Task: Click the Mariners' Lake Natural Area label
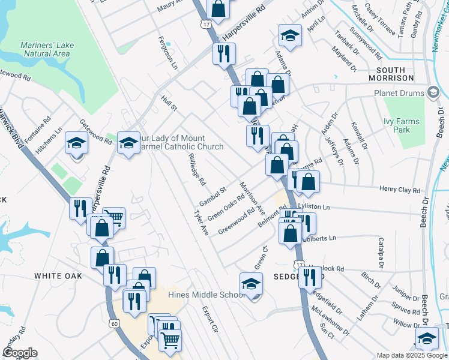(46, 49)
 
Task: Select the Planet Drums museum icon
(433, 92)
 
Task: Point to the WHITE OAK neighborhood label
(58, 276)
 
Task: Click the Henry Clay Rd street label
(400, 190)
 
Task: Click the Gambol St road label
(212, 194)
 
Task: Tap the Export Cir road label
(209, 319)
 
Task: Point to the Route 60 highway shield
(113, 323)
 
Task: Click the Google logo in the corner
(20, 353)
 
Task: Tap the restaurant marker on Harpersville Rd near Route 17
(227, 54)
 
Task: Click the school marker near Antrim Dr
(290, 37)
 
